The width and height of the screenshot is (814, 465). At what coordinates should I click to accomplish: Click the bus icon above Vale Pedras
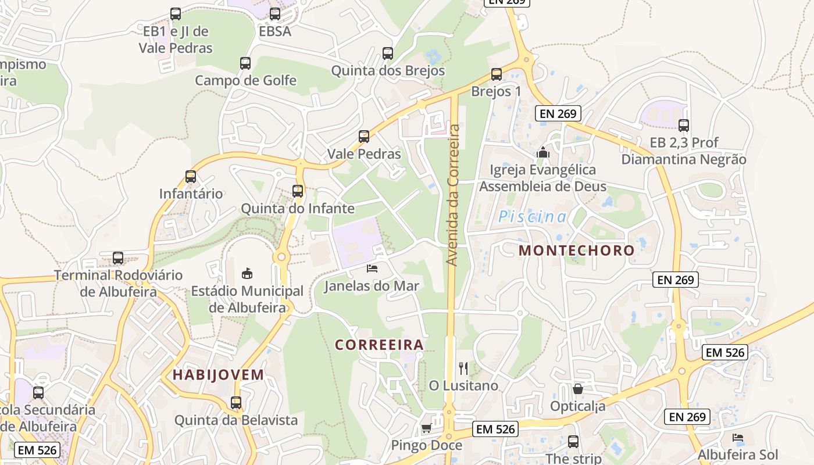[364, 137]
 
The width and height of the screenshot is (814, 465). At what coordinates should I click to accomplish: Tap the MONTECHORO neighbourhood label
[576, 251]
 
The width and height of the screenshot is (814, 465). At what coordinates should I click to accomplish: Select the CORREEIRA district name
[379, 345]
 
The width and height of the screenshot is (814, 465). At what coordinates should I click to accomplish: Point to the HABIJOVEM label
[219, 375]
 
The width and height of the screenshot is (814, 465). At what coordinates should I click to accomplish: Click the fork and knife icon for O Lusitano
[463, 368]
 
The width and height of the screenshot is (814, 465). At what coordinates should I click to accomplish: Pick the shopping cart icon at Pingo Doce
[426, 428]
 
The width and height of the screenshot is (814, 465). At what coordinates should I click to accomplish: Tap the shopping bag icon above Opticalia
[578, 388]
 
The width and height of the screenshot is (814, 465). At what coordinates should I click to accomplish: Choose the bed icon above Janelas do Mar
[372, 268]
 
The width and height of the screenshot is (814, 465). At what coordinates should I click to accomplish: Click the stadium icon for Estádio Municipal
[247, 273]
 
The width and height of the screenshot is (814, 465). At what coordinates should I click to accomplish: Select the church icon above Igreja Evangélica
[543, 152]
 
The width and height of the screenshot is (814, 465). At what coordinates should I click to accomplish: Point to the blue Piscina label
[532, 217]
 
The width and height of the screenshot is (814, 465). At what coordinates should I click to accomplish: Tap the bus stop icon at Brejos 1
[496, 74]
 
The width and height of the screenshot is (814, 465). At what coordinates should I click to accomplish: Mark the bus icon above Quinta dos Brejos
[388, 53]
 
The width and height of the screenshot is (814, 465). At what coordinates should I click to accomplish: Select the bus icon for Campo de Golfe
[245, 63]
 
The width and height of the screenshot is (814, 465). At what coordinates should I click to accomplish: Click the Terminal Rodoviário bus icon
[118, 257]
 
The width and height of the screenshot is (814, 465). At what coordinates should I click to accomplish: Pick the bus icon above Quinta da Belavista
[236, 402]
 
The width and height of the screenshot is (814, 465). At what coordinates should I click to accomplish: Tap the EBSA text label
[275, 31]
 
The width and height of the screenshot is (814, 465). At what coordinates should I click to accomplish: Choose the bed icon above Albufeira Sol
[738, 437]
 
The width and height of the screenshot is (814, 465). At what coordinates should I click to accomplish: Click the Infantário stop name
[191, 194]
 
